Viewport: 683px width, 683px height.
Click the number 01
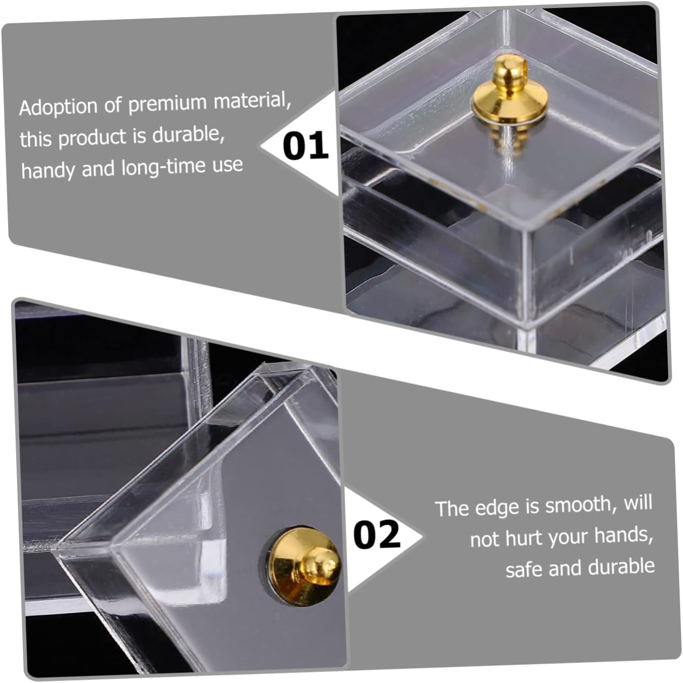click(305, 145)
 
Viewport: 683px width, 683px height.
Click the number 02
click(377, 534)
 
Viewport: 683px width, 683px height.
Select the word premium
click(167, 103)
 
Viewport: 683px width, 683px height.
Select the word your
click(569, 538)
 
